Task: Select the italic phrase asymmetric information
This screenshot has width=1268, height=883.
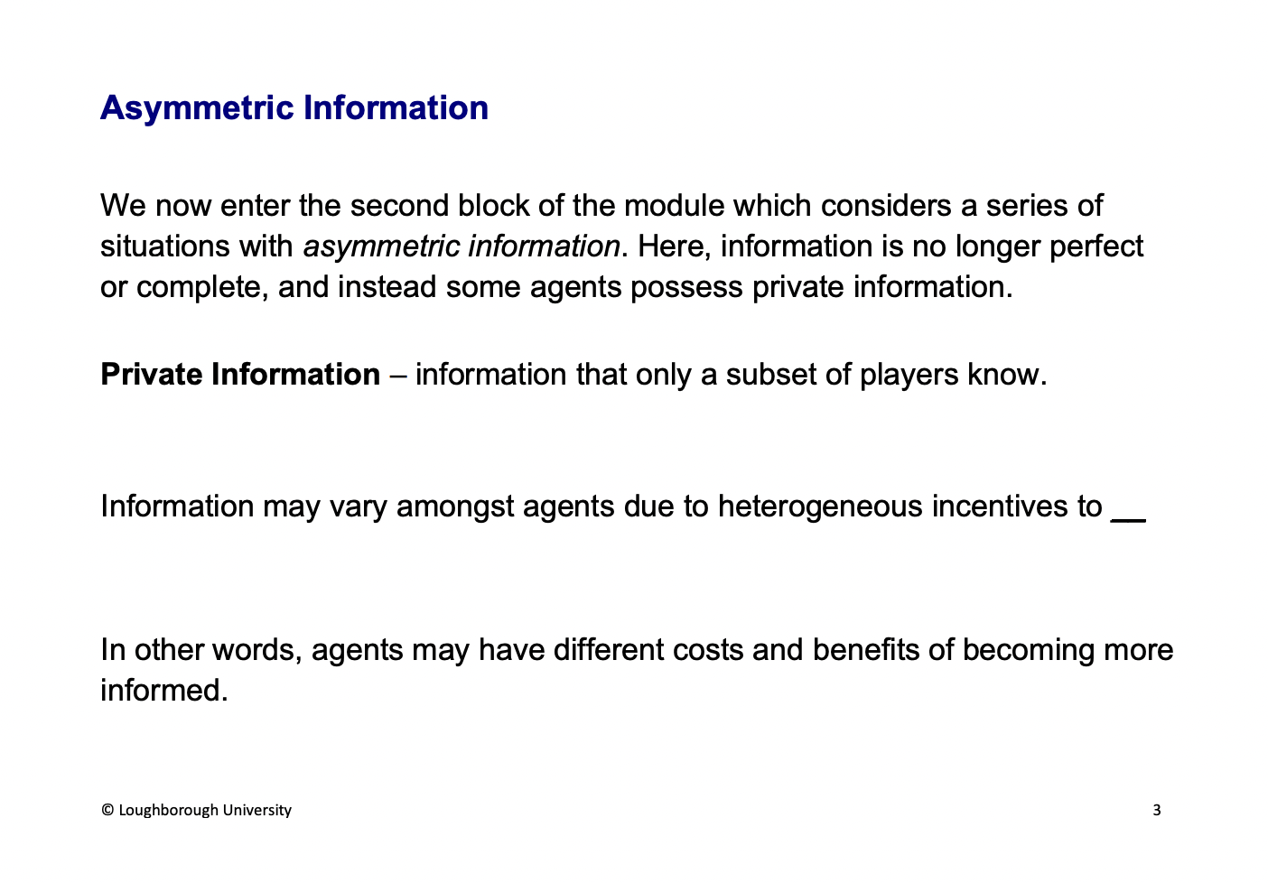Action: tap(462, 246)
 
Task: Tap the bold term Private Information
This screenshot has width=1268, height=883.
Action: tap(240, 375)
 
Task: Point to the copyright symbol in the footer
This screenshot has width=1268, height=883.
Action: tap(107, 811)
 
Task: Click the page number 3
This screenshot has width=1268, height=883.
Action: tap(1157, 811)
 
